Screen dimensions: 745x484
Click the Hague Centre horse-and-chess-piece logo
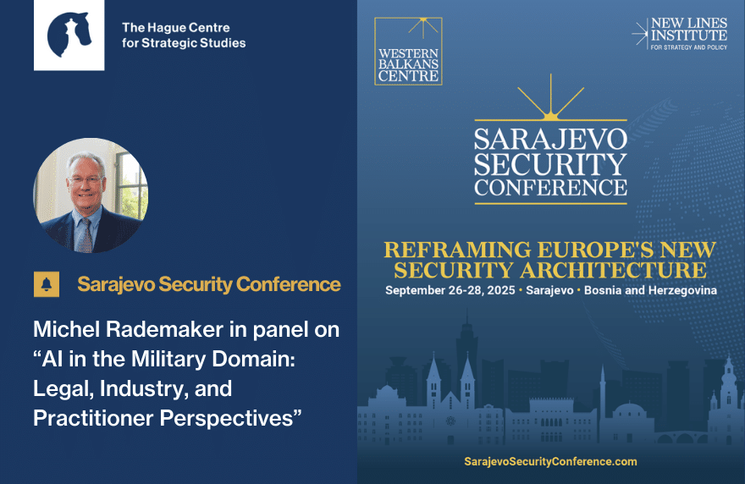pos(69,36)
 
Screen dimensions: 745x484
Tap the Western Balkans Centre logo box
pos(408,52)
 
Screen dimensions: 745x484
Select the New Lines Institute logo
pos(680,34)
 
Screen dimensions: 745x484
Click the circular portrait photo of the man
pos(91,195)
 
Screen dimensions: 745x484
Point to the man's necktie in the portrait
pos(86,235)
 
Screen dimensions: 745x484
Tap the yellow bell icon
pos(47,284)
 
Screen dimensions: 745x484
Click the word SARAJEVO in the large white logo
pos(550,139)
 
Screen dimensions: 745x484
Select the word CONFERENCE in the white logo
pos(550,188)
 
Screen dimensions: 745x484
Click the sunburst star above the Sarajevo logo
pos(550,98)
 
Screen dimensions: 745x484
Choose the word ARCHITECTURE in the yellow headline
pos(614,270)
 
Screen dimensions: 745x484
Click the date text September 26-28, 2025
pos(450,290)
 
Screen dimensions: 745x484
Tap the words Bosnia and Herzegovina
pos(650,290)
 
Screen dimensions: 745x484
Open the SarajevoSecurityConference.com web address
pos(550,461)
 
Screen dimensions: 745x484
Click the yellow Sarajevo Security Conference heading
pos(209,284)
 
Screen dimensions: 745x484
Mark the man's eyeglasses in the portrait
pos(86,179)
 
